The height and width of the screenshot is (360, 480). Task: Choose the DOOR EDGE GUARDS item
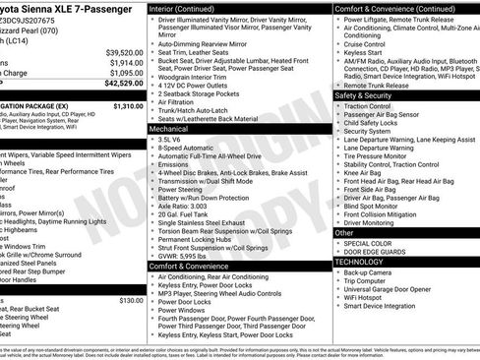[379, 252]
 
